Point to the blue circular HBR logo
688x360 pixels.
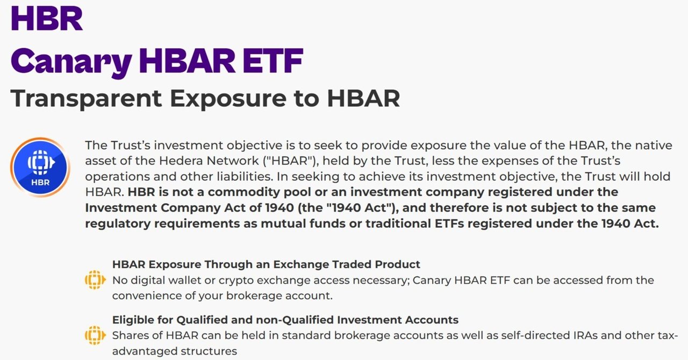tap(40, 167)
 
